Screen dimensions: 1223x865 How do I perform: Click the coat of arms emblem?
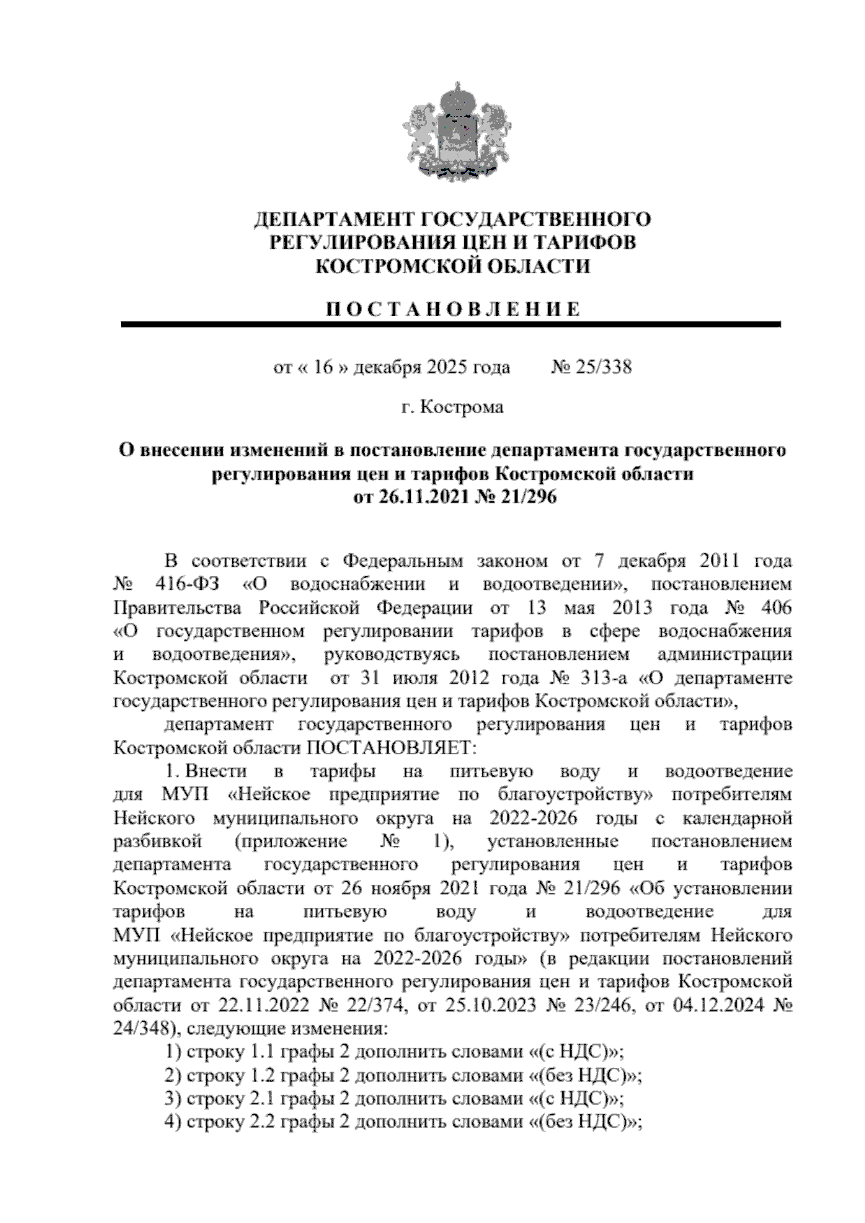453,137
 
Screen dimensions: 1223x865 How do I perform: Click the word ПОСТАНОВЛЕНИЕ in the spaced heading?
453,309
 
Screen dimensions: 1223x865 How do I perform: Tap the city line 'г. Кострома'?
453,407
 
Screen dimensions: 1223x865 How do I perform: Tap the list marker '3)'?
173,1099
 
